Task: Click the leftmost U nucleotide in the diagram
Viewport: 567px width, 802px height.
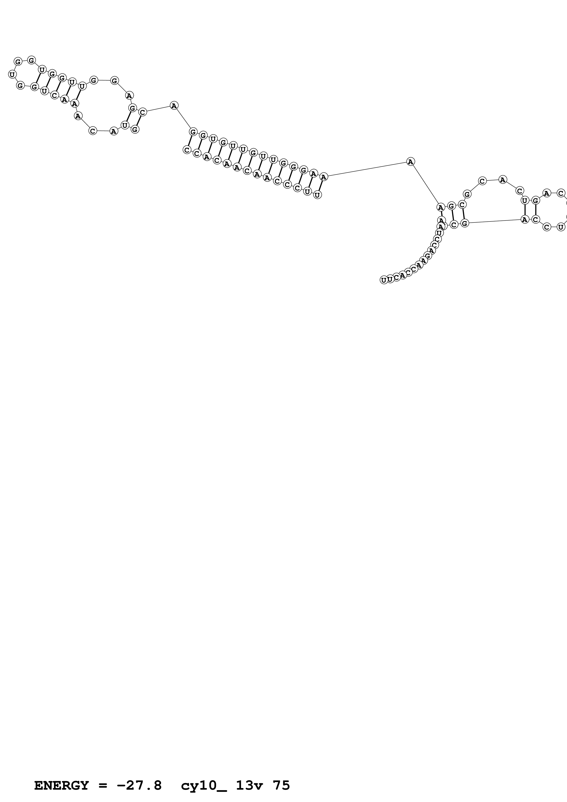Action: point(12,74)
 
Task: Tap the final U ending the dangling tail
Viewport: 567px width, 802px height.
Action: point(384,280)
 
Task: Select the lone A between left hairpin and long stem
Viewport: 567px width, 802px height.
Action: point(174,105)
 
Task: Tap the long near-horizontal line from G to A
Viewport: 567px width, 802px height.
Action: point(494,221)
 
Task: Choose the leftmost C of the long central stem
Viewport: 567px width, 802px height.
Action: point(187,150)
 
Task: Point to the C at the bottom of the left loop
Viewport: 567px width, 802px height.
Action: point(93,131)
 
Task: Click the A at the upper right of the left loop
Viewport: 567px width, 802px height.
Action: point(129,95)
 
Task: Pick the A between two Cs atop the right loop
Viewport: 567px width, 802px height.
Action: point(502,180)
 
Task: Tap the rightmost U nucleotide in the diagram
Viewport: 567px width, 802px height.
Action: point(561,227)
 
